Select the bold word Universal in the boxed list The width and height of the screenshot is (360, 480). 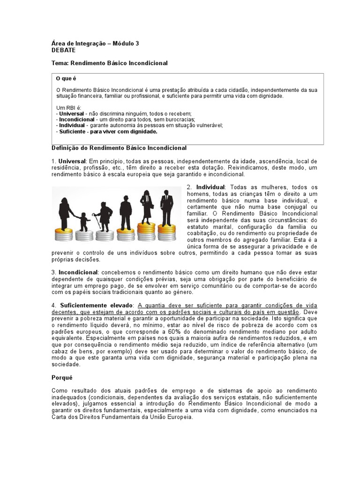point(71,113)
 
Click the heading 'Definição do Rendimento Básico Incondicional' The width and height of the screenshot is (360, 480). point(119,148)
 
